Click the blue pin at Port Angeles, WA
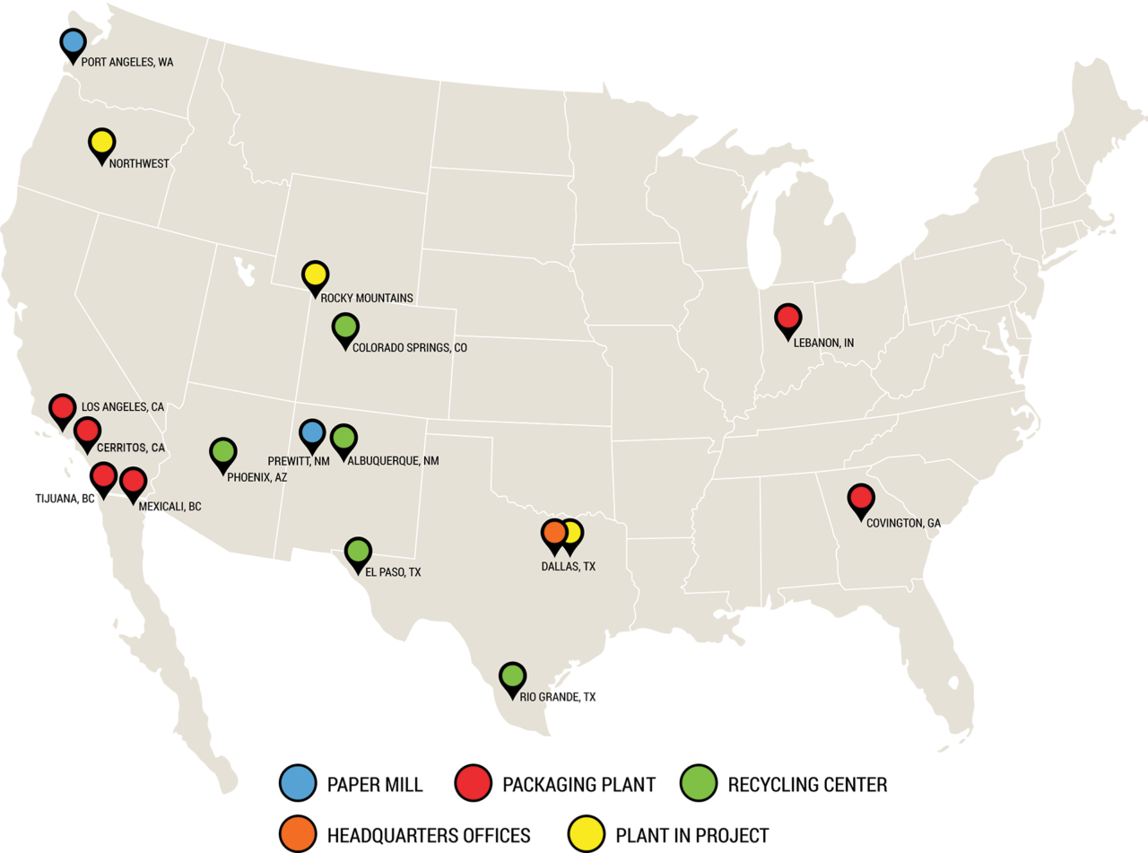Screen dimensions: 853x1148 pos(74,42)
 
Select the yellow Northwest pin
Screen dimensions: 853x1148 pos(101,143)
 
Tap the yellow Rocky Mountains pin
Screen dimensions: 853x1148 pos(314,274)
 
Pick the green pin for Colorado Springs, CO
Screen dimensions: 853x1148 pos(345,327)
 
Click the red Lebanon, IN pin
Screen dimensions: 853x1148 pos(787,318)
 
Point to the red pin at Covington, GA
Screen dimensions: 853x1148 pos(861,498)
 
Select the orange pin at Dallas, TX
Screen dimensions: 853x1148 pos(554,533)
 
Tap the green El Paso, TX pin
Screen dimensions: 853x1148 pos(358,551)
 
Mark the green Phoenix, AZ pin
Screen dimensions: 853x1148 pos(223,452)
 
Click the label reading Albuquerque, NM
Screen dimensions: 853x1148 pos(393,461)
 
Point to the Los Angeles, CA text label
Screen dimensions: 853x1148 pos(123,407)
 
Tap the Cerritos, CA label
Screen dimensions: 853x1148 pos(131,448)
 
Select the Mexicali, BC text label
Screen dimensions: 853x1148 pos(170,507)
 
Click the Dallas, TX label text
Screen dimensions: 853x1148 pos(569,567)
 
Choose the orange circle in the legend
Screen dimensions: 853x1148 pos(297,833)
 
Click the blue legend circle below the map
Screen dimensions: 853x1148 pos(297,782)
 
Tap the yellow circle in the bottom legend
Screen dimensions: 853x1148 pos(586,833)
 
